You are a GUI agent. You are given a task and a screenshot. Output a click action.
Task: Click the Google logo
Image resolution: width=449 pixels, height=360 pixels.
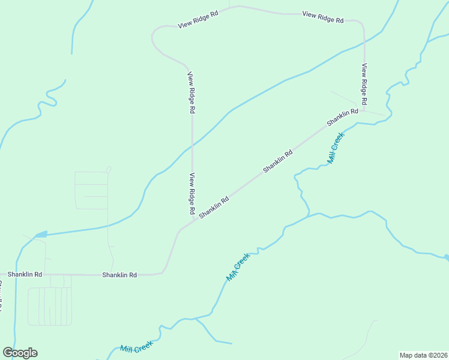20,353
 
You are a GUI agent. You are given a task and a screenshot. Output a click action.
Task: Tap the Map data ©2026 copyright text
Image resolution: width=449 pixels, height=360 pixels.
423,355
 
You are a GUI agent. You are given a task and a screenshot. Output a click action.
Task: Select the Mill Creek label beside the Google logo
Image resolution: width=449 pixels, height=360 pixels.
136,347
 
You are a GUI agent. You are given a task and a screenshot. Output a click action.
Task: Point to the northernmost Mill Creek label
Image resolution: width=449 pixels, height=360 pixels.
336,148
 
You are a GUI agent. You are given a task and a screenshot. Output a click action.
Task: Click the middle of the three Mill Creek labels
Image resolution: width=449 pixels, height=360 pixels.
238,268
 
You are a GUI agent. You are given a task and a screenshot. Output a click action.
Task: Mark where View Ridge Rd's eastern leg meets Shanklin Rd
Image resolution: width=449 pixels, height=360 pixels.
364,110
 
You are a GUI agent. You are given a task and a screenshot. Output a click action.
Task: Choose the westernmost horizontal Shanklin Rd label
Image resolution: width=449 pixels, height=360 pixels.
25,274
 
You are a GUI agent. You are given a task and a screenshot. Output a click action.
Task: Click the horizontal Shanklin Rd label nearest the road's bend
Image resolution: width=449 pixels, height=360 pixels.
119,275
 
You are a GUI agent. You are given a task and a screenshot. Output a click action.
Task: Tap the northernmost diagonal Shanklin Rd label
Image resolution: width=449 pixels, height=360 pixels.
342,117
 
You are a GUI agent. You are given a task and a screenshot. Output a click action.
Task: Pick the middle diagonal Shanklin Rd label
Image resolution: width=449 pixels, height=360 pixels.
278,161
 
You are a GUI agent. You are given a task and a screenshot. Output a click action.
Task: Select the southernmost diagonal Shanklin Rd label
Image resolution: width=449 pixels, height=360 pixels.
214,208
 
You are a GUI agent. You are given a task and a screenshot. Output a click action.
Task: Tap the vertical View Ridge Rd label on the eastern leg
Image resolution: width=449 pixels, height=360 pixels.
364,85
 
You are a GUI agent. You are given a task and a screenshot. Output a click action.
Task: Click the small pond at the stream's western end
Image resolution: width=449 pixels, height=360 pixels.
40,234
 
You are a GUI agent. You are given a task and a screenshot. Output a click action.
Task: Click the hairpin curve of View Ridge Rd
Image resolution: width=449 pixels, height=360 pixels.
153,40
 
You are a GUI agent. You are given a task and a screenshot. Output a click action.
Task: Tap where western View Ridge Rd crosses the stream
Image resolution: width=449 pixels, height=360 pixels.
192,145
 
